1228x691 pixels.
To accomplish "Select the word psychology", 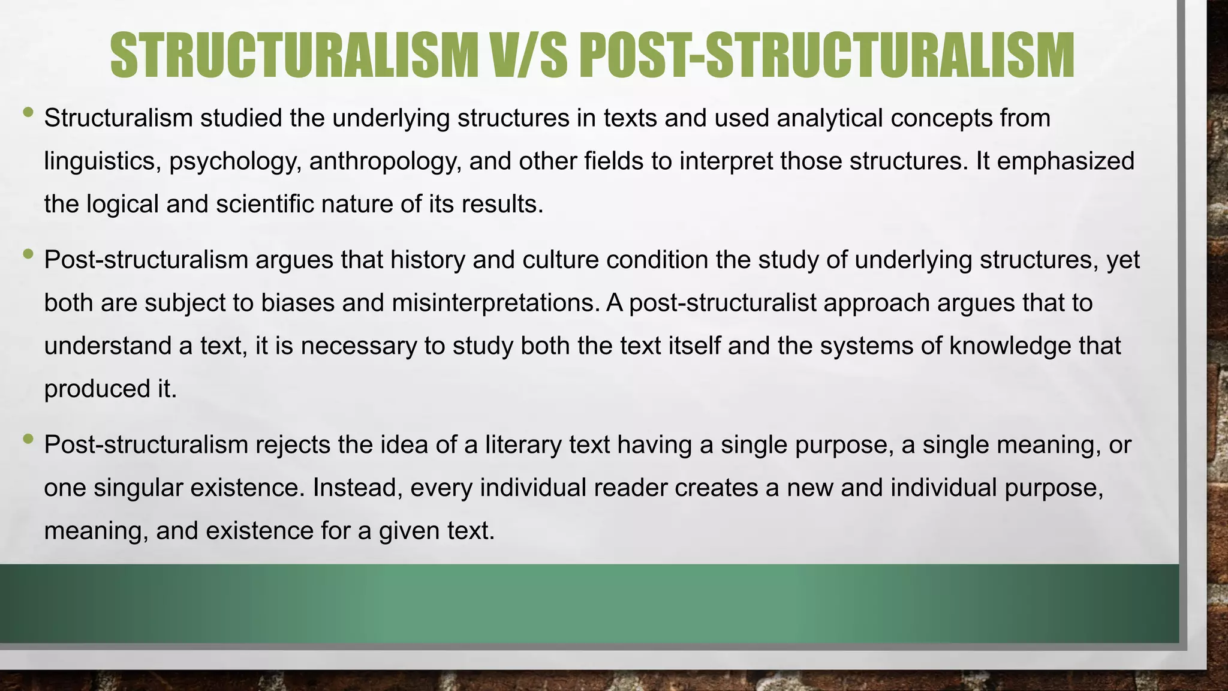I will (x=235, y=162).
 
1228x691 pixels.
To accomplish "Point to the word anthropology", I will (x=385, y=162).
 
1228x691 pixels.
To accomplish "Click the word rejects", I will (x=293, y=444).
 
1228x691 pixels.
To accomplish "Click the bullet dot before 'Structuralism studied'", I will (x=28, y=112).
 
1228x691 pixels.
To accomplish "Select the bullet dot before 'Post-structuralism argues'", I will (x=28, y=254).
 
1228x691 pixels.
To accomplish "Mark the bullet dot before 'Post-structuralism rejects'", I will (x=28, y=438).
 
